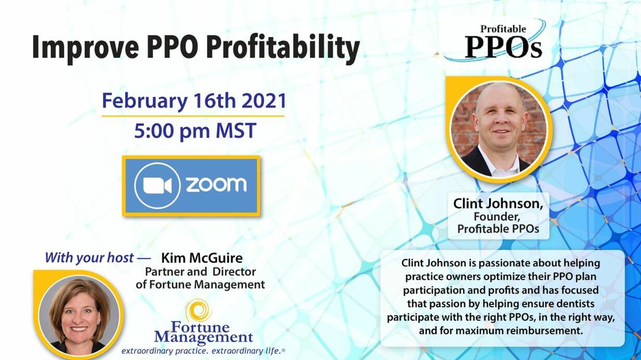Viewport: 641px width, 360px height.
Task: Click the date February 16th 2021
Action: tap(194, 101)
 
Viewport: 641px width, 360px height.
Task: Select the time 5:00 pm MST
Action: tap(195, 131)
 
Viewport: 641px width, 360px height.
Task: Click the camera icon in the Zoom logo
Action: tap(157, 185)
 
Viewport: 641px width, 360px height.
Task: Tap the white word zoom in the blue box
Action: tap(216, 184)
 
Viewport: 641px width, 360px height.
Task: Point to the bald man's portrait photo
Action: tap(499, 129)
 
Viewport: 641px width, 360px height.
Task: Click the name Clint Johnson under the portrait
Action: tap(498, 204)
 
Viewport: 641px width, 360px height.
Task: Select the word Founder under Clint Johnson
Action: tap(497, 217)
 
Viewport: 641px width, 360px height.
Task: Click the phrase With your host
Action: tap(89, 258)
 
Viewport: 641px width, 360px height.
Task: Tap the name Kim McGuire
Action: tap(202, 258)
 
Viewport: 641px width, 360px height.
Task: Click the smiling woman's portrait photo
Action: tap(79, 315)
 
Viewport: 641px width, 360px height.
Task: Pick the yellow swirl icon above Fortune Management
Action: tap(199, 311)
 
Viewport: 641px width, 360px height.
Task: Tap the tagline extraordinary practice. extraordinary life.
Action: tap(203, 351)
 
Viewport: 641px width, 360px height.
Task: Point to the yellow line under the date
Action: tap(193, 116)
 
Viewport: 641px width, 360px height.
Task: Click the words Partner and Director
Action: tap(200, 271)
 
